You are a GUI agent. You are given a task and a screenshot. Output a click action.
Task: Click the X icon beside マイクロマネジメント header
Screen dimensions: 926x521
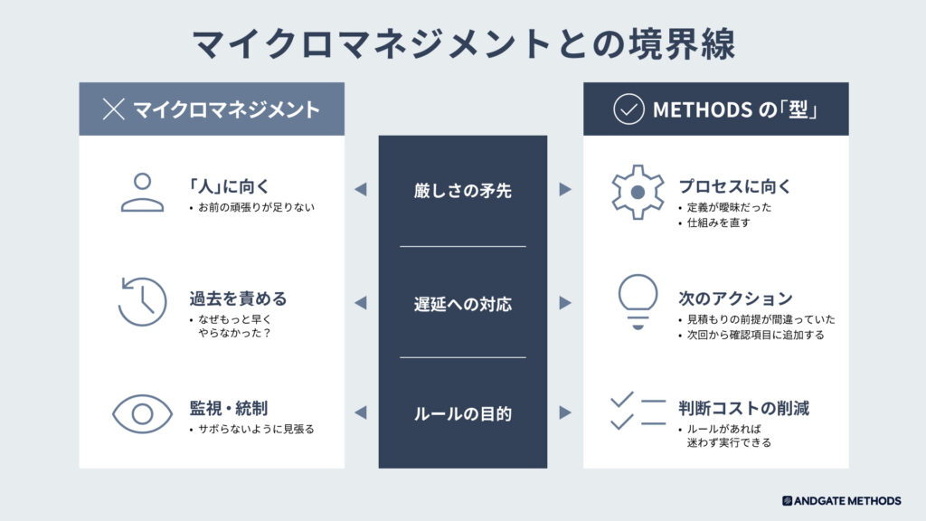(x=113, y=109)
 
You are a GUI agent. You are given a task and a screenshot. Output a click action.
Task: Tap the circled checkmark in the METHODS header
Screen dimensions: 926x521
(x=628, y=109)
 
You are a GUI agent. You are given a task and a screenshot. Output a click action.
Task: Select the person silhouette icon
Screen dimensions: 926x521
(x=142, y=192)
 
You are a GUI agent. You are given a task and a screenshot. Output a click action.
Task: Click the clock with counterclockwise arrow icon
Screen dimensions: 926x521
(x=142, y=301)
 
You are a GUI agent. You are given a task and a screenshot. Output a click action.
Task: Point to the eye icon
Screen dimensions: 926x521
(x=142, y=413)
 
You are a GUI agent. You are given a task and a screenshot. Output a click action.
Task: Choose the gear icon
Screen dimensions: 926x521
(x=638, y=192)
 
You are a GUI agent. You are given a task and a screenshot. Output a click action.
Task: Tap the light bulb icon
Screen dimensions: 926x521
(x=638, y=302)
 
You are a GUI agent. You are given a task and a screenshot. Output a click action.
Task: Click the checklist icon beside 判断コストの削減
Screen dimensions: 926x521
(x=638, y=412)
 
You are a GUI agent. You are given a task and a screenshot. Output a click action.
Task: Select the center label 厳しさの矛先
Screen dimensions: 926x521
(x=462, y=191)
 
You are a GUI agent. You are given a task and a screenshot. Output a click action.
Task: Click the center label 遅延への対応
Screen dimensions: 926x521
(x=462, y=304)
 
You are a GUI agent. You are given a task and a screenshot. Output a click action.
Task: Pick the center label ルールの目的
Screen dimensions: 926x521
(x=462, y=414)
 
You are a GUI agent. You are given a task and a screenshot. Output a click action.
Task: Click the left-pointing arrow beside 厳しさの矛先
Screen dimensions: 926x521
(x=361, y=189)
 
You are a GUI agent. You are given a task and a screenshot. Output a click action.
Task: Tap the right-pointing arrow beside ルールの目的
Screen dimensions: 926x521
(x=565, y=412)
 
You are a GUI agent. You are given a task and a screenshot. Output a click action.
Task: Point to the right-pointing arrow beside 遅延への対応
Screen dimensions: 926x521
(x=565, y=302)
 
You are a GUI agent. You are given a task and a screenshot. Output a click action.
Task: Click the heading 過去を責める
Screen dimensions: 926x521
(x=238, y=298)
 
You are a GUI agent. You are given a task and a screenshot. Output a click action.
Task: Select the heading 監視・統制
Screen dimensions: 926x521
(x=229, y=408)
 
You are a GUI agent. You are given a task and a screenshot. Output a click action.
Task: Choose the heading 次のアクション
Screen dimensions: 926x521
(x=735, y=298)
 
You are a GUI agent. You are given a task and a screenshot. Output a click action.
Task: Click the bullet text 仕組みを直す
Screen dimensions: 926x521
(x=718, y=223)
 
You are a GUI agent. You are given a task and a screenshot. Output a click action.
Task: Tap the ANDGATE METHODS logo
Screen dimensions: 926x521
(x=842, y=501)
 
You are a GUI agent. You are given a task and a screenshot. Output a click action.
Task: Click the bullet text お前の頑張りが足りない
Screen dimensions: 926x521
(x=256, y=207)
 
